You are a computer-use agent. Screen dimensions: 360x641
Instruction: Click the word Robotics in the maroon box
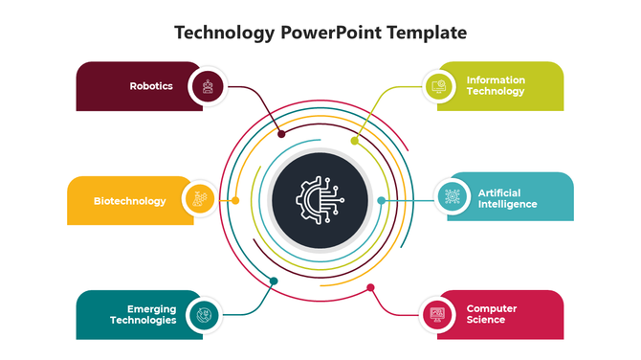[151, 86]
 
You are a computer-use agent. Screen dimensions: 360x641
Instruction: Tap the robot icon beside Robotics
[207, 86]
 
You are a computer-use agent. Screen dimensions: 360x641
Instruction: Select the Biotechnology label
[129, 201]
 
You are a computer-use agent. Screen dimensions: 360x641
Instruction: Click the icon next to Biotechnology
[198, 200]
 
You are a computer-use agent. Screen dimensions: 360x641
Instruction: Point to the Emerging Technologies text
[143, 315]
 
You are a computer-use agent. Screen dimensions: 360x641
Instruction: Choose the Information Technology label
[496, 85]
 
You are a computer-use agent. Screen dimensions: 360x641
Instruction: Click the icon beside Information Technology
[438, 85]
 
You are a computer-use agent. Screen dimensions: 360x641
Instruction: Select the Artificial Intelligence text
[507, 198]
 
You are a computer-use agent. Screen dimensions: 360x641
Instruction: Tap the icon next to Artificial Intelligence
[450, 198]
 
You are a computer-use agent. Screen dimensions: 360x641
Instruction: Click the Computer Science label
[492, 313]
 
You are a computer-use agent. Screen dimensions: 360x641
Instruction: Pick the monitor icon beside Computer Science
[437, 313]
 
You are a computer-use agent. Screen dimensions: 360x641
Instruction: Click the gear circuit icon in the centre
[320, 199]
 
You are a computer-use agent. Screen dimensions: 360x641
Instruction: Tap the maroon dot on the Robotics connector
[281, 134]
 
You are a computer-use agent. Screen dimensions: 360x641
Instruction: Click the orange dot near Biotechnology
[235, 200]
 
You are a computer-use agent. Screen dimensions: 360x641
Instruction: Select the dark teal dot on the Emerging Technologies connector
[274, 281]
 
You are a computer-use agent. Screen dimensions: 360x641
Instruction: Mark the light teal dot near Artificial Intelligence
[381, 200]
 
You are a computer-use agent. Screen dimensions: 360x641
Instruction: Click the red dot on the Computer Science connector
[370, 287]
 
